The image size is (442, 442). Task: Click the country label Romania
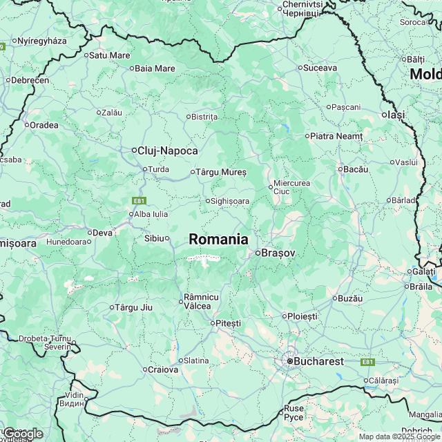218,239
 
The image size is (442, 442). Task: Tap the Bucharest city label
318,361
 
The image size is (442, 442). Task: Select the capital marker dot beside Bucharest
289,361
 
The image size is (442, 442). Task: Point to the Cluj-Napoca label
168,151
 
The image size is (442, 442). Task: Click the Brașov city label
278,253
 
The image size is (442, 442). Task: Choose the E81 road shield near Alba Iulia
140,200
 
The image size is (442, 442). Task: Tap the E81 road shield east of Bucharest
367,362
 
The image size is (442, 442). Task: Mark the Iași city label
396,115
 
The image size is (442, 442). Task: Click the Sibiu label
153,238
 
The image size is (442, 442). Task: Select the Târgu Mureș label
221,171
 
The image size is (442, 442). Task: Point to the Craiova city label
163,369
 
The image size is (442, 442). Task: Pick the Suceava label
320,68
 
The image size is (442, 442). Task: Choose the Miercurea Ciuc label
291,187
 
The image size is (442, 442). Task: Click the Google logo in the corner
23,434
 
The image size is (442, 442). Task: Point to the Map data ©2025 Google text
398,436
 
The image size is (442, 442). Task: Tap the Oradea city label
44,125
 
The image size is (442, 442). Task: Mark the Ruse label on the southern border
294,412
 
